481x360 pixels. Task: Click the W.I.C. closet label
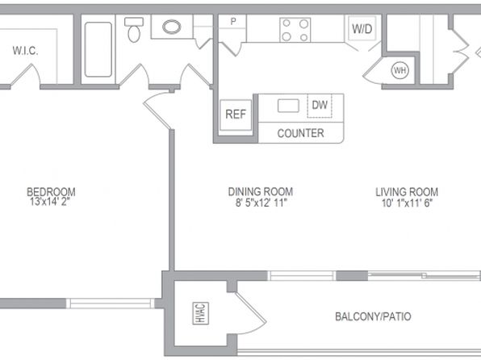(x=26, y=51)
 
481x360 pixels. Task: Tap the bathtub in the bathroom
(x=98, y=49)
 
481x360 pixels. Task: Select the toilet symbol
(x=134, y=30)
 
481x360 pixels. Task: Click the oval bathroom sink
(x=171, y=27)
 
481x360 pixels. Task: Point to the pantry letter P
(x=233, y=22)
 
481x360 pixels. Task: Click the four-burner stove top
(x=295, y=30)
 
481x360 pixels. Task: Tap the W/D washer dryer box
(x=362, y=28)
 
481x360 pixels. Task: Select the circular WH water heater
(x=400, y=70)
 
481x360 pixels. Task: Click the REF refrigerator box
(x=236, y=115)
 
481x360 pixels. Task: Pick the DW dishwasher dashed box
(x=320, y=105)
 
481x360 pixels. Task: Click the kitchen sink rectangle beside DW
(x=288, y=106)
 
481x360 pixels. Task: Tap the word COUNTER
(x=300, y=133)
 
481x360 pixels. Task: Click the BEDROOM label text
(x=51, y=192)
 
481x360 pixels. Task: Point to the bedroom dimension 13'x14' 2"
(x=50, y=202)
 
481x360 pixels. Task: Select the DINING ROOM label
(x=261, y=192)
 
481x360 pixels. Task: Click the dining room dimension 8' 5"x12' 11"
(x=261, y=203)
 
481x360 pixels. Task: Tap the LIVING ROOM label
(x=407, y=192)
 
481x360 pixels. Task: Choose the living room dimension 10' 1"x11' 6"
(x=407, y=203)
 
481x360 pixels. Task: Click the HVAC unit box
(x=201, y=313)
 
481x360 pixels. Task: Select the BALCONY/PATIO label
(x=373, y=316)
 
